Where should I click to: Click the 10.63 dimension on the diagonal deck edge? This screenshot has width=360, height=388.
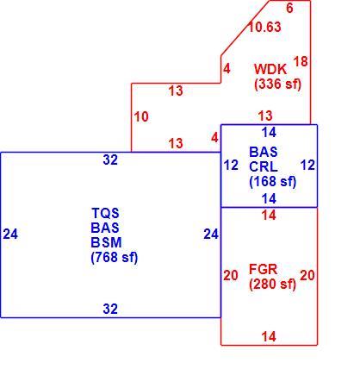click(264, 27)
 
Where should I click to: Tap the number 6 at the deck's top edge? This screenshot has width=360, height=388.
click(290, 8)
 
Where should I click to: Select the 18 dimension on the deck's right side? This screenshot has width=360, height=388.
click(301, 61)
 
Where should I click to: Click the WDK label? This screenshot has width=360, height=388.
click(270, 69)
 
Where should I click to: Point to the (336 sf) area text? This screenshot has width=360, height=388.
click(277, 84)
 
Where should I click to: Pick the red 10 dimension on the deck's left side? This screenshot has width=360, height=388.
click(141, 116)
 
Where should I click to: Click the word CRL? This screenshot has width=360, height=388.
click(264, 166)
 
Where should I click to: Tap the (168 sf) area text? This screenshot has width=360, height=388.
click(273, 181)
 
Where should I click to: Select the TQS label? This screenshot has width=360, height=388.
click(105, 213)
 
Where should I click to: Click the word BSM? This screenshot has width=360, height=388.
click(106, 242)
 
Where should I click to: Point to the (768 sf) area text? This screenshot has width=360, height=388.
click(115, 257)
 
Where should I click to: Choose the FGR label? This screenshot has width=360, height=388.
click(263, 270)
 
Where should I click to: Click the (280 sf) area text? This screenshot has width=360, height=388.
click(272, 285)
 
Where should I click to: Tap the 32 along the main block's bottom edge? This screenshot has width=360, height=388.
click(110, 309)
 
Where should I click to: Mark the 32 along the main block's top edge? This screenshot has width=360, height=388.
click(110, 160)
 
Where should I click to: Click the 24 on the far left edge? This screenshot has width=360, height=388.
click(10, 234)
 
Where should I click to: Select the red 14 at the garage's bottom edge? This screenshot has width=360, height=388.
click(269, 336)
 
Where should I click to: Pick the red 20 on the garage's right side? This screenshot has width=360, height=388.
click(307, 276)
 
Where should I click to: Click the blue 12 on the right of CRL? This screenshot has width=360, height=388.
click(307, 166)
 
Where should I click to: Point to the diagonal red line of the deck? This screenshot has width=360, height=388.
click(245, 28)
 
